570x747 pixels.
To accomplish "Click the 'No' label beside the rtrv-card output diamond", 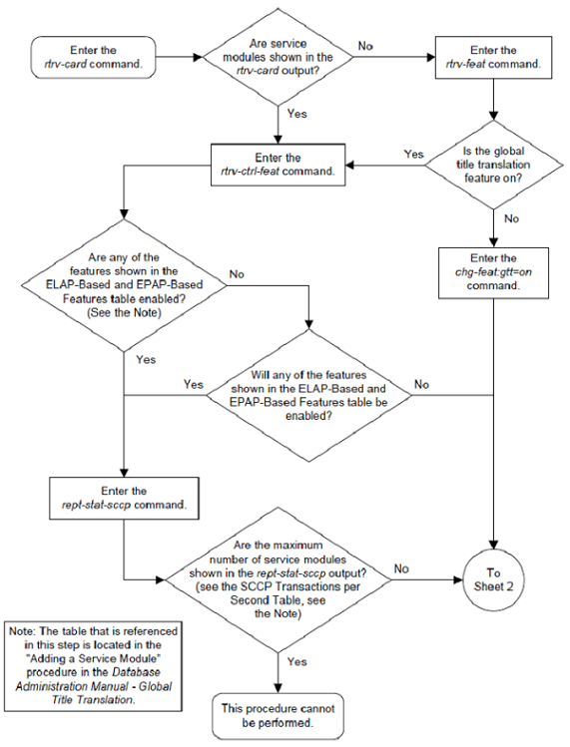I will click(x=366, y=44).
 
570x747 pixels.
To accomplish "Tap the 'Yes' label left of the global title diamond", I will click(x=413, y=155).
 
